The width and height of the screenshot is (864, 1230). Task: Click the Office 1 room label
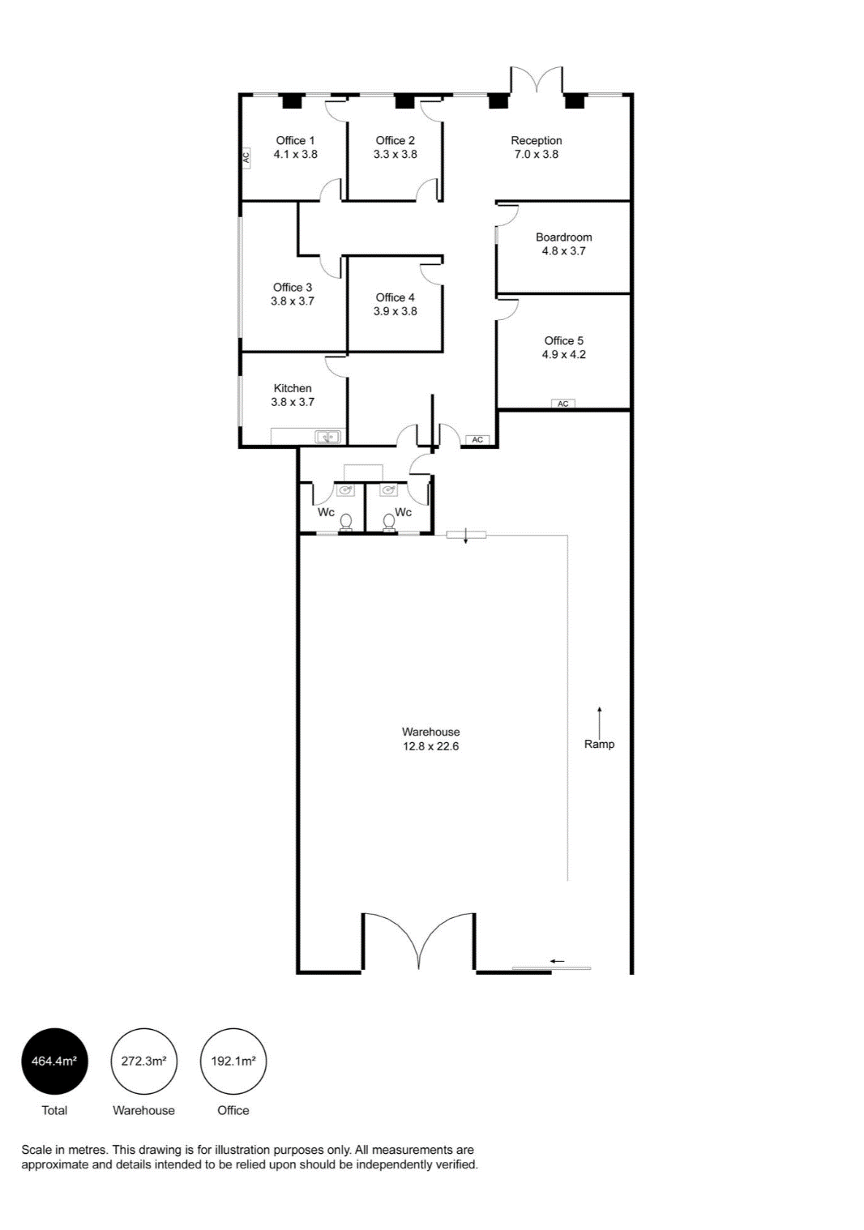click(x=295, y=140)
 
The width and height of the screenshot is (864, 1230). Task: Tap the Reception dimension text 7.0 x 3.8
click(x=536, y=154)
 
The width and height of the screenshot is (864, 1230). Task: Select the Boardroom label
click(x=563, y=237)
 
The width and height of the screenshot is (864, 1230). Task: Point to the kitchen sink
click(x=328, y=437)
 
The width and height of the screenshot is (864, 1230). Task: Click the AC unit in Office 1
click(x=246, y=157)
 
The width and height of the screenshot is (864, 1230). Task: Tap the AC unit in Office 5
click(x=563, y=404)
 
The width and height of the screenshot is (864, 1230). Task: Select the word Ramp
click(x=599, y=744)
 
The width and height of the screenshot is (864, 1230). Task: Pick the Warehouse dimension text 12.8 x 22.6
click(x=430, y=746)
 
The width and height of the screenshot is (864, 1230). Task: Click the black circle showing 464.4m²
click(x=54, y=1061)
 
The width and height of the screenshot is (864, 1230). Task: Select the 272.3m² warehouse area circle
click(x=144, y=1061)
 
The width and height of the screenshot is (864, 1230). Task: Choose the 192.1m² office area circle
click(x=233, y=1061)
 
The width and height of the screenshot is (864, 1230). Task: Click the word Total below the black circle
click(x=54, y=1110)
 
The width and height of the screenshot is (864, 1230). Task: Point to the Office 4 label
click(x=395, y=297)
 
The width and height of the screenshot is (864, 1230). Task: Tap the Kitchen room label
click(x=293, y=388)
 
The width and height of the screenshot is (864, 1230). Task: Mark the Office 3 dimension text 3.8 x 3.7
click(x=293, y=301)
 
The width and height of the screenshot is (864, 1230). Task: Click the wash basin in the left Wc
click(x=345, y=489)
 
